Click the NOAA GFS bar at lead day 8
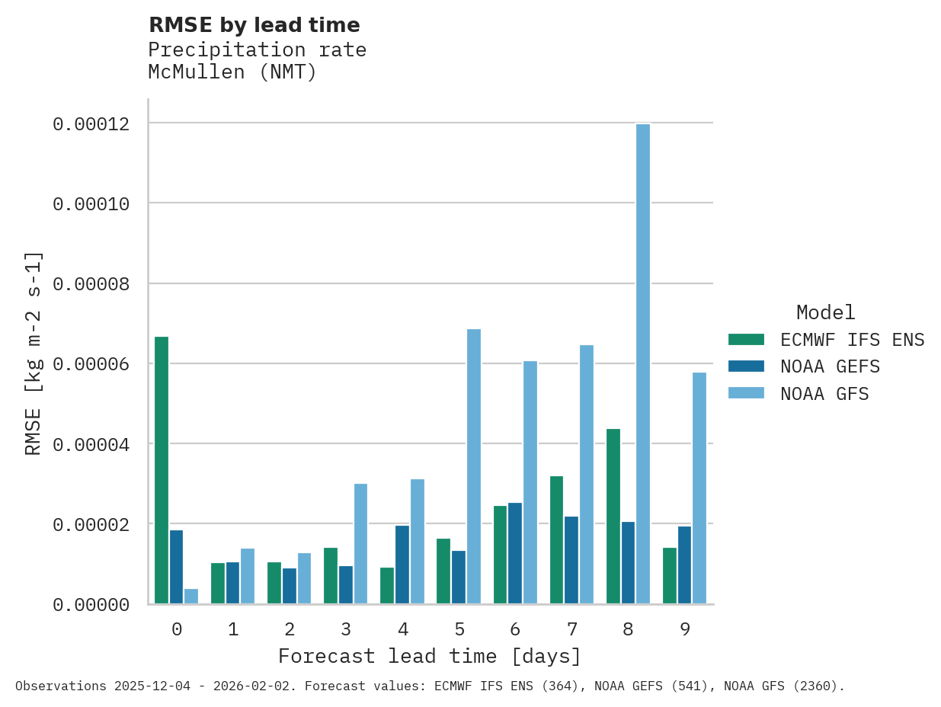[643, 364]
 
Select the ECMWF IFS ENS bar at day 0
[162, 470]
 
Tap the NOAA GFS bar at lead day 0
[191, 597]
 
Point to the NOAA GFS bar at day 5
[474, 466]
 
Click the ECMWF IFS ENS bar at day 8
[613, 517]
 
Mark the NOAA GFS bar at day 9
[699, 488]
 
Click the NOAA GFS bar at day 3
[360, 544]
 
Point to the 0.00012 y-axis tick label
[90, 123]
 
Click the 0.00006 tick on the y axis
[90, 364]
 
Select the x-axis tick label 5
[459, 630]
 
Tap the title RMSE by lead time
[254, 25]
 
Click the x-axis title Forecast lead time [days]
[430, 657]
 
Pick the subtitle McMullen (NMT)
[232, 73]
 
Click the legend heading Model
[826, 313]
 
